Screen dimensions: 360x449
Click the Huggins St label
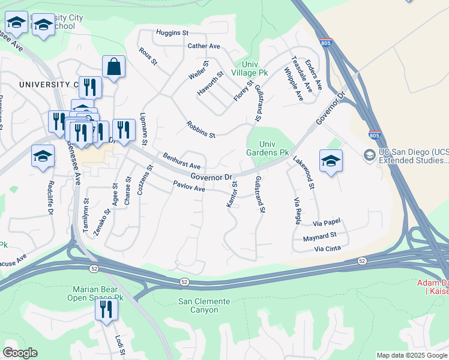click(x=172, y=32)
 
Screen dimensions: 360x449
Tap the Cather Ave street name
click(x=204, y=46)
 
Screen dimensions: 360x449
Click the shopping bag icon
click(x=113, y=67)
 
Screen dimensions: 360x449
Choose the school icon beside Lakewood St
click(x=331, y=161)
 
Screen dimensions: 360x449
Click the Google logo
click(x=20, y=353)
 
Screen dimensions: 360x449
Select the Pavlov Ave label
click(x=189, y=187)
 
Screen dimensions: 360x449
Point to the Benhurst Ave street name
click(x=181, y=161)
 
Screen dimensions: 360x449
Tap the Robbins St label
click(x=200, y=131)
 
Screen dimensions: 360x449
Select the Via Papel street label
click(x=327, y=223)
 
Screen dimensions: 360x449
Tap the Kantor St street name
click(x=232, y=195)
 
